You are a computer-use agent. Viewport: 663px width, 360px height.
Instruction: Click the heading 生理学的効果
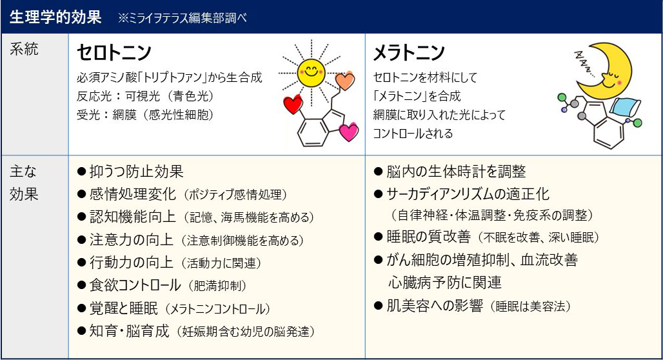click(55, 17)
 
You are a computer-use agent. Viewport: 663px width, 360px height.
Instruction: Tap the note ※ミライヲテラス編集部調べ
click(183, 18)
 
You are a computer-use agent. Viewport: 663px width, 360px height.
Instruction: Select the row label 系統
click(24, 49)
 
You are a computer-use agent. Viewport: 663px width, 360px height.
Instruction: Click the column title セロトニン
click(114, 52)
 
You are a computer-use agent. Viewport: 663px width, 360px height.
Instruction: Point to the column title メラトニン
click(409, 52)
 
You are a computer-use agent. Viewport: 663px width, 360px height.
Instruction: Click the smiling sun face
click(312, 72)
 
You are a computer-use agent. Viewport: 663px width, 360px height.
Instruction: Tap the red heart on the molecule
click(293, 104)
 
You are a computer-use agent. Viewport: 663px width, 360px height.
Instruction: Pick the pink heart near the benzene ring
click(349, 132)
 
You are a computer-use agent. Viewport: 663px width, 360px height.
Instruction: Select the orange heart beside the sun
click(344, 81)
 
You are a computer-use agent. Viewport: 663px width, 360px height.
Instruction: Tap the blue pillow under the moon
click(625, 107)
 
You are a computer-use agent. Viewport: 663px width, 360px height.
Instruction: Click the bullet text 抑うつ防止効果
click(136, 172)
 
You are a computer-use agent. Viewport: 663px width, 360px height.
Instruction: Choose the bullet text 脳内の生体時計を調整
click(456, 172)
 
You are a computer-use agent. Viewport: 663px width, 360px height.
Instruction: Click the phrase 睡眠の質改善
click(428, 237)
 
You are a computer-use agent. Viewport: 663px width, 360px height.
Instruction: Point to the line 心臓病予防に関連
click(445, 282)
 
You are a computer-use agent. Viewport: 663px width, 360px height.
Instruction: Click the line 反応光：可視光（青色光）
click(146, 96)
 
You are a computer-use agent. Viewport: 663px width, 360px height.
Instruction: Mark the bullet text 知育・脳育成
click(129, 330)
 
